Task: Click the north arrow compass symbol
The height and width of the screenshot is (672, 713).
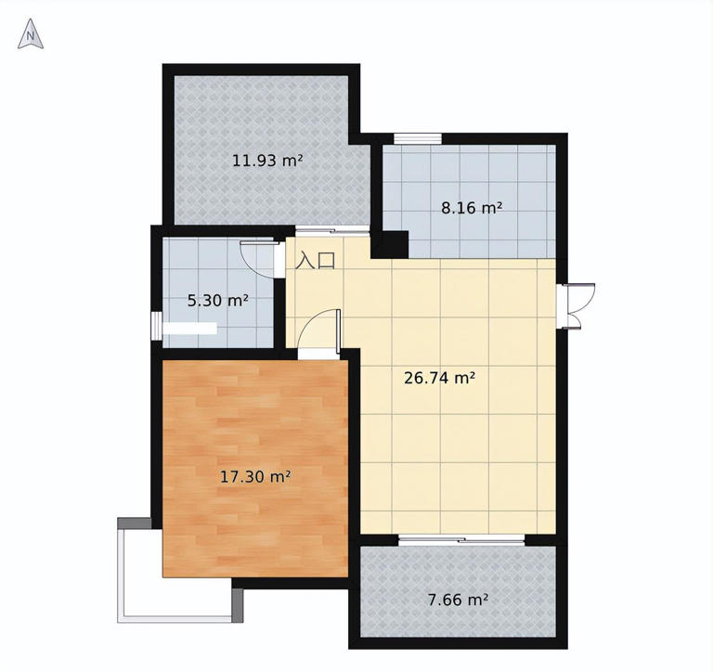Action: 31,34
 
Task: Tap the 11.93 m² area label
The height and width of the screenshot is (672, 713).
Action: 267,161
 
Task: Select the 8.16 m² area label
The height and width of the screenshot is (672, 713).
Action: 472,208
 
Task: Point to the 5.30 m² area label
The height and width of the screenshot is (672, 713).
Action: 218,301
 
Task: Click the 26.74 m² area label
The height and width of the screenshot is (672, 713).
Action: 440,378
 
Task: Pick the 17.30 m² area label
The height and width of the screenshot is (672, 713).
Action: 255,477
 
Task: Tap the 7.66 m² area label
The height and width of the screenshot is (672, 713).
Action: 458,601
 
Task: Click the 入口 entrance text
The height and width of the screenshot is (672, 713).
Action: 316,261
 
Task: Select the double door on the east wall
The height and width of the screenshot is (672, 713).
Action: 576,305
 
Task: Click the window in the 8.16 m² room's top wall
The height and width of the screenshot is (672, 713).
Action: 418,138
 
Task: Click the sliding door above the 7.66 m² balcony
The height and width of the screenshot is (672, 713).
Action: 461,539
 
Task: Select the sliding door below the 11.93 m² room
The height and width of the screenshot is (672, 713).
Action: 332,230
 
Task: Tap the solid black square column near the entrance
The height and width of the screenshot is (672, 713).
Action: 390,245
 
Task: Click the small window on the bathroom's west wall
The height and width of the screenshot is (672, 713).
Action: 156,326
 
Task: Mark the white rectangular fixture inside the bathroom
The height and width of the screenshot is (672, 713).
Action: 189,329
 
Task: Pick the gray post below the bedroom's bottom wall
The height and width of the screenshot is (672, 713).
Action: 238,605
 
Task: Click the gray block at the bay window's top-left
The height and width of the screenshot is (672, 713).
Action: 134,523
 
